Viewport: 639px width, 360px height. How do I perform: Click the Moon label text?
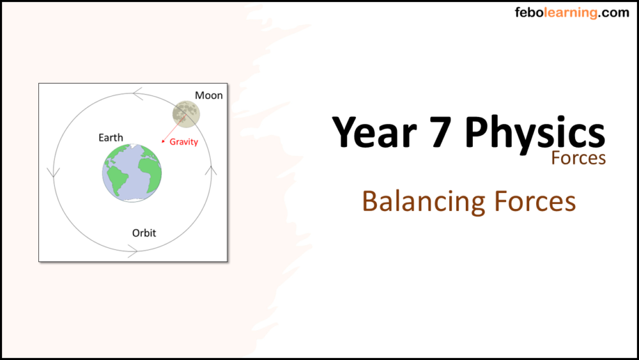(x=209, y=95)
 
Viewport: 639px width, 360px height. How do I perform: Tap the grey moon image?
(x=186, y=113)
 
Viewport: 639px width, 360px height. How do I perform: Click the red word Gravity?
(x=183, y=142)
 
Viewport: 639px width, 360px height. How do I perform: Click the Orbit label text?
(x=144, y=233)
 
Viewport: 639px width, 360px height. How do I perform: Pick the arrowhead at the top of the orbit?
(x=137, y=94)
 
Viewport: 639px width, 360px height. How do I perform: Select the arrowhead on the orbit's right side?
(x=212, y=171)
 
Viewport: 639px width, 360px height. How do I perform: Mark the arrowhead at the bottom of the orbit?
(x=133, y=253)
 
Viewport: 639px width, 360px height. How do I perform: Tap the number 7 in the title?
(x=439, y=132)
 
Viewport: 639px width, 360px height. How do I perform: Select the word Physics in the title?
(x=535, y=132)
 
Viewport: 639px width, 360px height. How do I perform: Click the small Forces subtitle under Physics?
(x=578, y=157)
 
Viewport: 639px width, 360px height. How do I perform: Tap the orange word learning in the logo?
(x=569, y=12)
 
